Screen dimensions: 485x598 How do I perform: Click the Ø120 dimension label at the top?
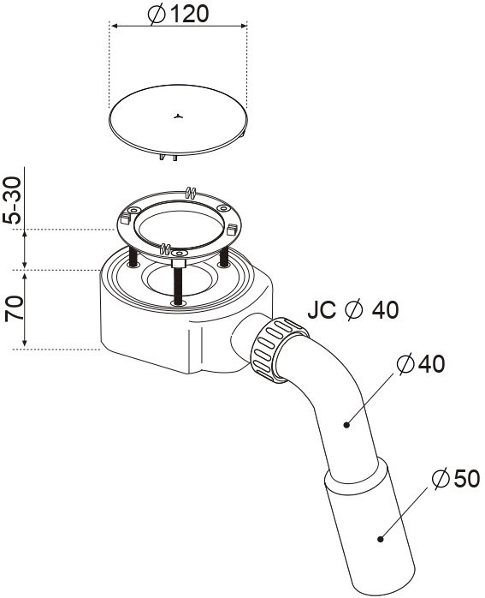(x=178, y=15)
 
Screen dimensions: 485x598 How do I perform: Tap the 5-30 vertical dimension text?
(x=12, y=200)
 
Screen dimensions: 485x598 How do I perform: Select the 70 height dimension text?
(x=14, y=308)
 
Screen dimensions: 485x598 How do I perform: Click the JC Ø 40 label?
(x=353, y=309)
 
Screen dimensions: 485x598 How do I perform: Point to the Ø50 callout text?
(x=456, y=478)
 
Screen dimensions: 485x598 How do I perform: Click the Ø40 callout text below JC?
(x=421, y=364)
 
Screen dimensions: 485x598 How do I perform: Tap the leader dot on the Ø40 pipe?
(x=346, y=424)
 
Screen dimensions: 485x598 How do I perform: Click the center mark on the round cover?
(x=178, y=117)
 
